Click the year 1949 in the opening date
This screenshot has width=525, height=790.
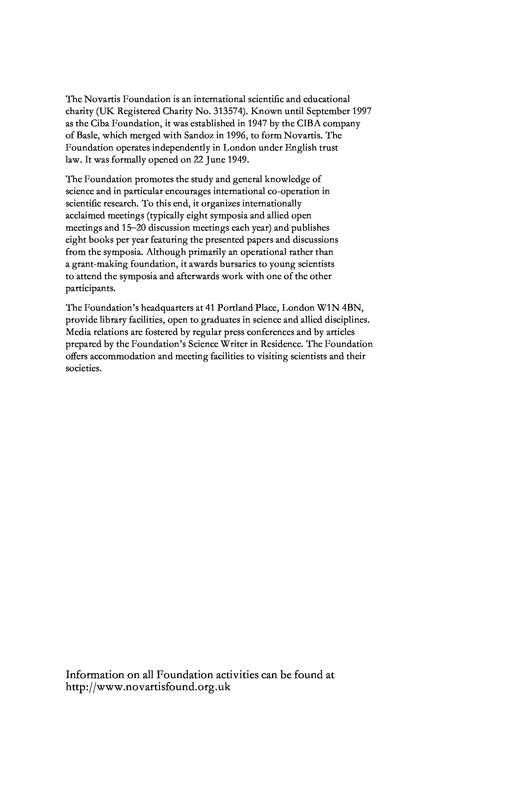(x=238, y=160)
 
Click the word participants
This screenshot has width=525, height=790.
(x=90, y=289)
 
